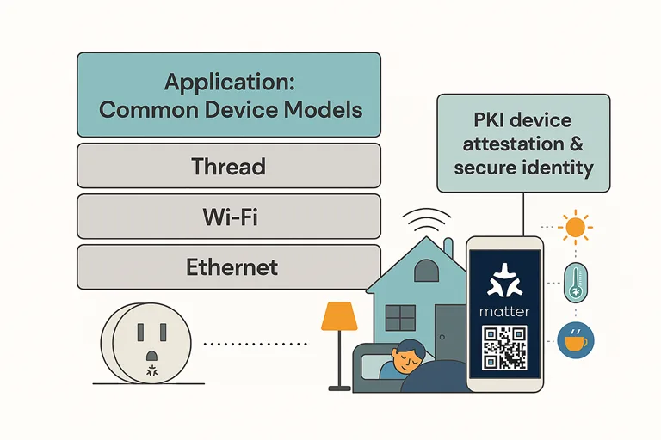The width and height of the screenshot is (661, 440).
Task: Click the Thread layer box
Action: click(x=228, y=166)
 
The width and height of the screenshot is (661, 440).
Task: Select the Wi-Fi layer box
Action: click(x=228, y=217)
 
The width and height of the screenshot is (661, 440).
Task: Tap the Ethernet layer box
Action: click(x=228, y=267)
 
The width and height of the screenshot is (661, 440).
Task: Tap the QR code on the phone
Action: click(x=504, y=349)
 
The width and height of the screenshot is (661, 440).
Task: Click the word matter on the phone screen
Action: click(x=505, y=311)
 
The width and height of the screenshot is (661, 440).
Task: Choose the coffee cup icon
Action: click(x=574, y=340)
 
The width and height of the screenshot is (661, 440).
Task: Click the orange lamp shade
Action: click(x=339, y=317)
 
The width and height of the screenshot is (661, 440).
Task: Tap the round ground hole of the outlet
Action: click(x=151, y=354)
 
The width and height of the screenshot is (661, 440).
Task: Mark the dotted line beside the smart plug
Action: click(x=256, y=344)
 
